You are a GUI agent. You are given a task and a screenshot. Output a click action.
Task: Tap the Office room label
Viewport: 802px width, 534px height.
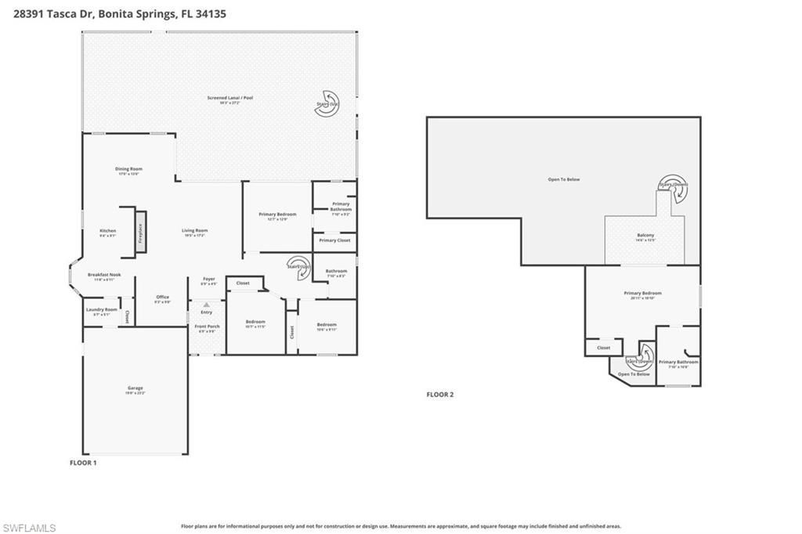point(162,298)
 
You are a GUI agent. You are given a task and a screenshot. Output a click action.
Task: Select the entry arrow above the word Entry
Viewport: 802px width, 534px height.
point(207,305)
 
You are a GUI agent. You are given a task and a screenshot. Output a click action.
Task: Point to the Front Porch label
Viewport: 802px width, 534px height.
point(207,327)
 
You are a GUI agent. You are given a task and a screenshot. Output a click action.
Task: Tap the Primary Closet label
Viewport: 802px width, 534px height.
point(334,240)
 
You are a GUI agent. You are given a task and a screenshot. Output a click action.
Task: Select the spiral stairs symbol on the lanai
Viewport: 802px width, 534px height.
point(327,106)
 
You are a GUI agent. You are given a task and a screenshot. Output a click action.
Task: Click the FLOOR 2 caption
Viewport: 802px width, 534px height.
point(439,395)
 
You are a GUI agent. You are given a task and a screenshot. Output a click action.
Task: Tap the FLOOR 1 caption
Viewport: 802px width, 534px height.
point(83,463)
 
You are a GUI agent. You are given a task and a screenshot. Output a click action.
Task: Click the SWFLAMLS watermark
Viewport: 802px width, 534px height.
point(29,528)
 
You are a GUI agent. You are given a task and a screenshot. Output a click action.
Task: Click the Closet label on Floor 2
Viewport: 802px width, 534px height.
point(603,348)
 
